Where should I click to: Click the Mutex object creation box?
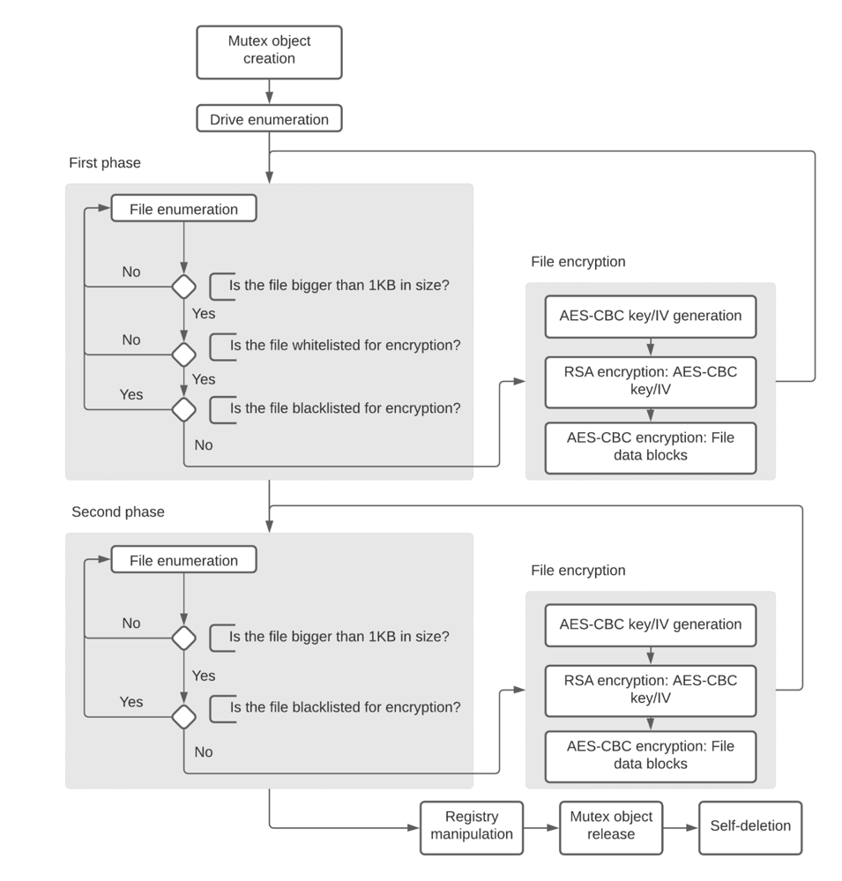(x=269, y=50)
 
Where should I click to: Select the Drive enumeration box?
(x=269, y=119)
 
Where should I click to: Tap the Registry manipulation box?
(x=471, y=826)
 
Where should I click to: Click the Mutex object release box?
(x=610, y=826)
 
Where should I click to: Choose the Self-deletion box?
(x=750, y=826)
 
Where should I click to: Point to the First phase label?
(x=105, y=163)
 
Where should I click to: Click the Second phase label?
(x=118, y=511)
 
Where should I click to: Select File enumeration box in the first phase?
(x=183, y=209)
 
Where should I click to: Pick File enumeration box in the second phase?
(x=183, y=560)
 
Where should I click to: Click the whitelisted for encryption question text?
(x=345, y=346)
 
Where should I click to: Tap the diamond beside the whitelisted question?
(x=183, y=354)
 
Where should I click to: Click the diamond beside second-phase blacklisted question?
(x=183, y=716)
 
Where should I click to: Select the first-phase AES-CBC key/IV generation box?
(x=650, y=316)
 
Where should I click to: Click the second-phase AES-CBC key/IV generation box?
(x=650, y=624)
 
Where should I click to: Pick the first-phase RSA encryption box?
(x=650, y=382)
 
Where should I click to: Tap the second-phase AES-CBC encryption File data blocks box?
(x=650, y=755)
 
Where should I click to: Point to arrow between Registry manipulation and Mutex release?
(x=540, y=828)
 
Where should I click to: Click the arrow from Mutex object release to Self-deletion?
(x=680, y=828)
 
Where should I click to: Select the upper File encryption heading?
(x=577, y=262)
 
